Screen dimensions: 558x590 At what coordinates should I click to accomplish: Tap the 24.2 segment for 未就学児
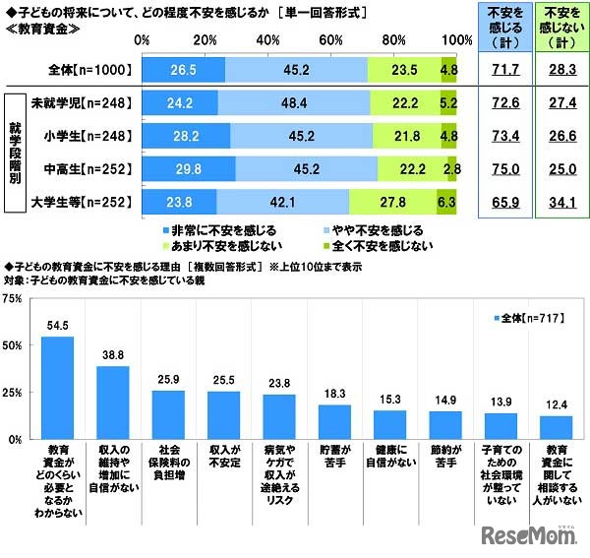pyautogui.click(x=180, y=101)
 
